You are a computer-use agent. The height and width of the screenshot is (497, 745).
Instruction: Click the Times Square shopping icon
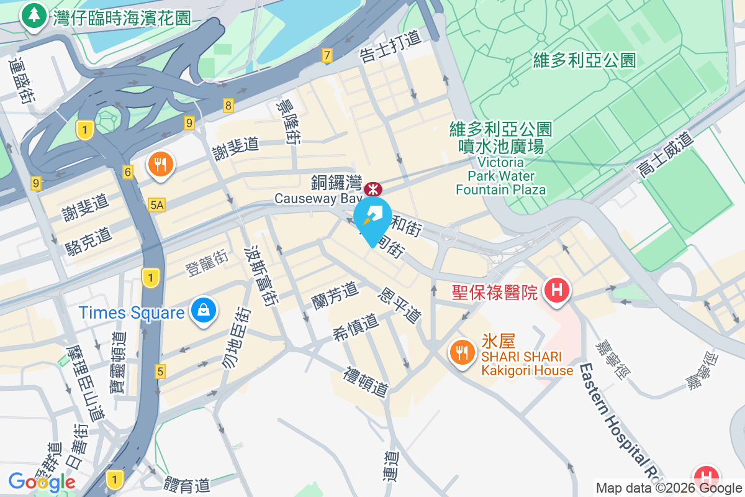202,311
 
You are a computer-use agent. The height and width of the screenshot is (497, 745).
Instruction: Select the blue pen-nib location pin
372,217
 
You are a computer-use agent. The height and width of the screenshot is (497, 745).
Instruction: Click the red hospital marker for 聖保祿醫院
556,290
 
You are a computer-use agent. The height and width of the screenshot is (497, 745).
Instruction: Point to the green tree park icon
32,15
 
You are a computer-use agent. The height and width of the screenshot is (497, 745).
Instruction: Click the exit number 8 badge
228,106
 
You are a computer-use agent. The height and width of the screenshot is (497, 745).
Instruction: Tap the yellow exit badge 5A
157,204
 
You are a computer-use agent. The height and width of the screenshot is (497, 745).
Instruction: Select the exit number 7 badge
327,56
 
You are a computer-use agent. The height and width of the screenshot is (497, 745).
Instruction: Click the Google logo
42,481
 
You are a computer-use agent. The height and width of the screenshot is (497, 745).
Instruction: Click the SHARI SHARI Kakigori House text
527,364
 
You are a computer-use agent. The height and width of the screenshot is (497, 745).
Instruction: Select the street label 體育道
187,484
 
